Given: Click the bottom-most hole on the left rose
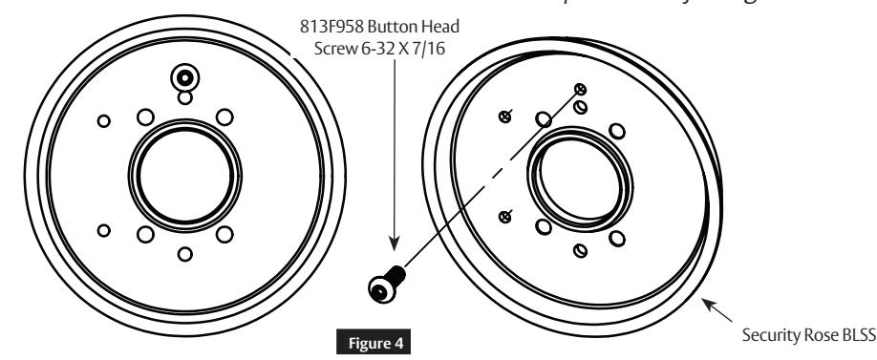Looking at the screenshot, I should point(185,254).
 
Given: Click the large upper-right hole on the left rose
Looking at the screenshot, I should point(225,116).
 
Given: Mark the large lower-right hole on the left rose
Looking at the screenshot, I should point(225,234).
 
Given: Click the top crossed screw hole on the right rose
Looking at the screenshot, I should point(578,88).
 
